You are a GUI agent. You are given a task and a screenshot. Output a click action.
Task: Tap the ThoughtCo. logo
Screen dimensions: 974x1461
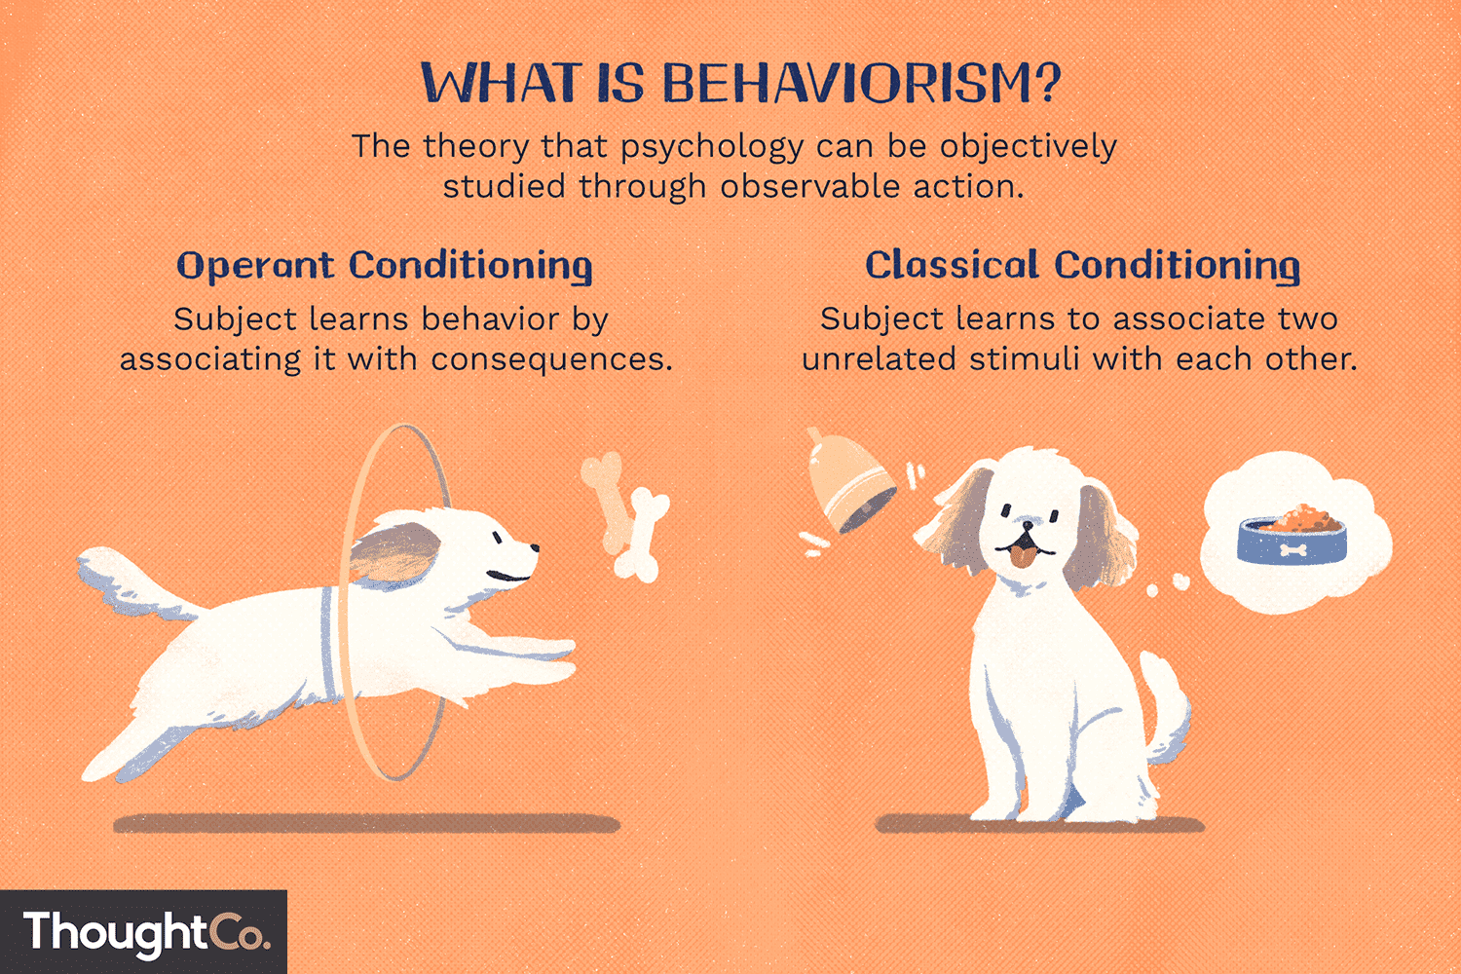tap(144, 932)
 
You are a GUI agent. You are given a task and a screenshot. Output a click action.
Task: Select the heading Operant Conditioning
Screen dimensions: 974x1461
tap(385, 266)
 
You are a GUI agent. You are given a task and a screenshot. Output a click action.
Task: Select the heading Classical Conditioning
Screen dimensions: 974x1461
tap(1082, 266)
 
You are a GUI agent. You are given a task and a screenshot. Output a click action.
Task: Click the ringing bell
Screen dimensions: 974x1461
tap(848, 483)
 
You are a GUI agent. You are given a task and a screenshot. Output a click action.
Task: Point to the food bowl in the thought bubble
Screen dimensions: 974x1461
tap(1292, 536)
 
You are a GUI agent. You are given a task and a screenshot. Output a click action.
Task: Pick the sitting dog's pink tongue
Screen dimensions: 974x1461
tap(1020, 556)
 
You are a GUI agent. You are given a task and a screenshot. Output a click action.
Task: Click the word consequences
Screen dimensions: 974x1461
tap(551, 360)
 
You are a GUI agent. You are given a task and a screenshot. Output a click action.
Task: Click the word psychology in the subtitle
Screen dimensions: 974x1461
tap(712, 148)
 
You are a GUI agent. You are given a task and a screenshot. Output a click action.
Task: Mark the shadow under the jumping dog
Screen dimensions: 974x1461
tap(366, 824)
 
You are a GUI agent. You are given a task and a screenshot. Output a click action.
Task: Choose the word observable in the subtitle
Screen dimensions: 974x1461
tap(810, 187)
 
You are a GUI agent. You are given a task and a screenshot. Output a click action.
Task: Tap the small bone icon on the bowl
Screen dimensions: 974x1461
tap(1292, 550)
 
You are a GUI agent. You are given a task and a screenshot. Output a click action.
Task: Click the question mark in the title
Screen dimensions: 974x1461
tap(1048, 84)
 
